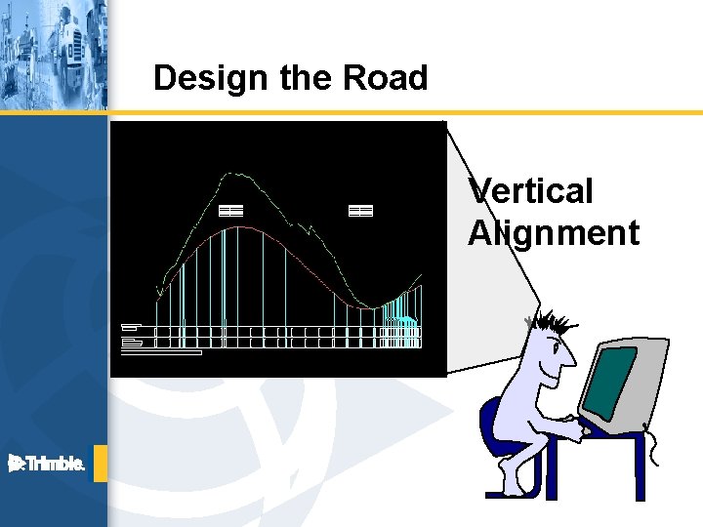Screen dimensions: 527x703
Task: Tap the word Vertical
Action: click(531, 191)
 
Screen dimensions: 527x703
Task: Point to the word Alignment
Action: click(554, 234)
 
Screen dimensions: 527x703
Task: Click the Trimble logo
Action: click(47, 464)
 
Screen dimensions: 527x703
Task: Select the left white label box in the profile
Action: click(230, 210)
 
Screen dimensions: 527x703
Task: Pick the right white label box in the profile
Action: click(360, 210)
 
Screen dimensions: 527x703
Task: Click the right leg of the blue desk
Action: click(640, 468)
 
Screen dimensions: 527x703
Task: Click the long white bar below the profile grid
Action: click(161, 352)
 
